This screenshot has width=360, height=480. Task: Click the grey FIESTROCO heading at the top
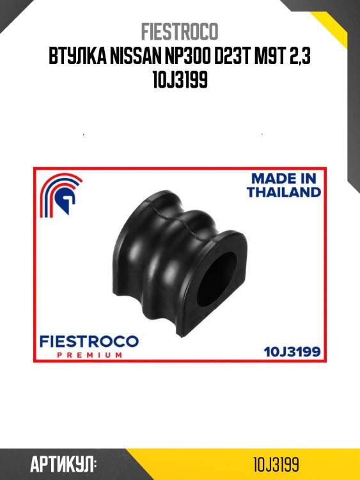180,31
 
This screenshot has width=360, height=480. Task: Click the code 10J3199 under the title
180,79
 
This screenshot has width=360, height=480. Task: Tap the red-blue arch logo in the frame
61,195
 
